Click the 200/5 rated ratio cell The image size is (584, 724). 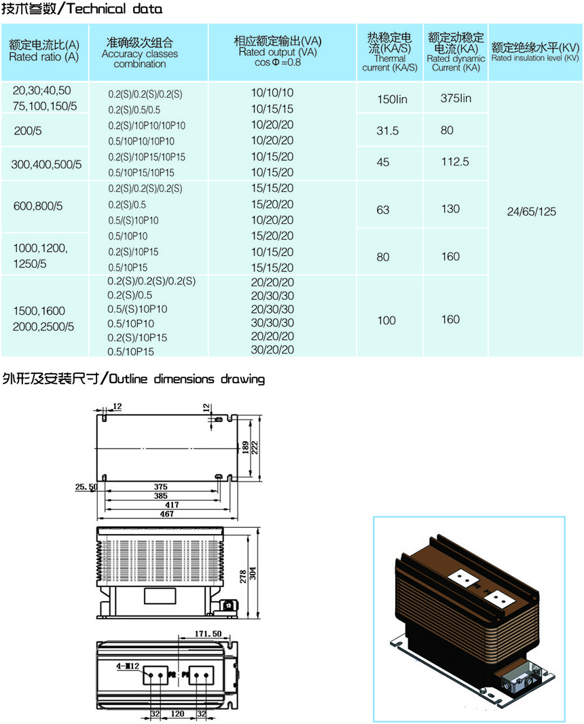(28, 131)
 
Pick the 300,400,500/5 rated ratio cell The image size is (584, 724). (46, 164)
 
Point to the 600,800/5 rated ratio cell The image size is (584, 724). (38, 206)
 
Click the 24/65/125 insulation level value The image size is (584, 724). (531, 212)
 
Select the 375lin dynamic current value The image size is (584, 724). (456, 98)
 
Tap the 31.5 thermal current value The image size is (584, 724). (387, 131)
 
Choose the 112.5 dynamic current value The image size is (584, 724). (455, 162)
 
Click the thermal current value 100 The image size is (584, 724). (386, 320)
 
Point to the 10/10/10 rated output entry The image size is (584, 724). (272, 93)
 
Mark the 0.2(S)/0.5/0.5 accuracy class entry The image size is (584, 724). (134, 110)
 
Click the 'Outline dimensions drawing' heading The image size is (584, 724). (187, 379)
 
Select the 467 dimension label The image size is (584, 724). (167, 514)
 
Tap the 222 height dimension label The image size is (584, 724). (255, 447)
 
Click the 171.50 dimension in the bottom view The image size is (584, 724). (208, 634)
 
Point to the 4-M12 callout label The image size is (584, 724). (128, 666)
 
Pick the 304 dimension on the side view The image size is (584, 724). (252, 574)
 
